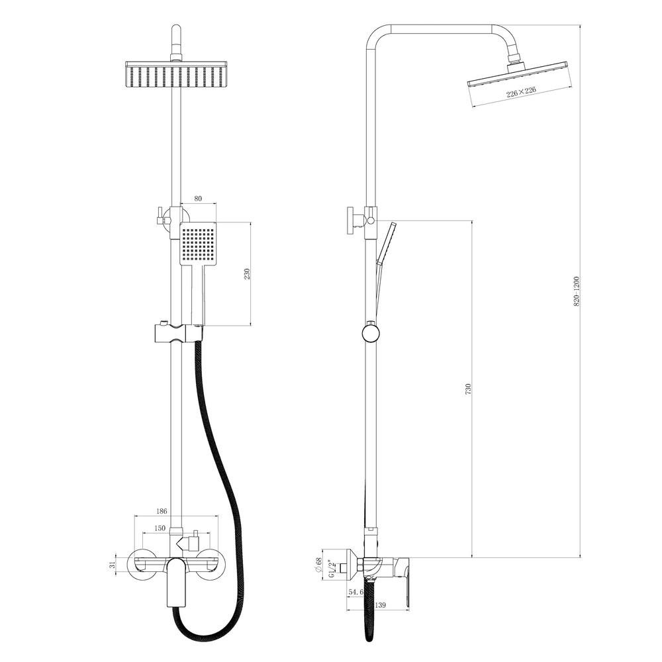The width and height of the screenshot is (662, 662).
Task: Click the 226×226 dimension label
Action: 521,91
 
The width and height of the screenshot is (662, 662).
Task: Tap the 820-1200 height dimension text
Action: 577,291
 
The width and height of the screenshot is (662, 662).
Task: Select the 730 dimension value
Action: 467,389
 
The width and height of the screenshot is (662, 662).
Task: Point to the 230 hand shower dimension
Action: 247,273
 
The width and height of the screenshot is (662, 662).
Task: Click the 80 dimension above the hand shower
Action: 199,199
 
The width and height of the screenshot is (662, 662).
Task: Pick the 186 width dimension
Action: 162,511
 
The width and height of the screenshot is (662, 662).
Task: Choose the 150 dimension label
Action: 160,528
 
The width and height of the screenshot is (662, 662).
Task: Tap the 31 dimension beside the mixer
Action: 112,565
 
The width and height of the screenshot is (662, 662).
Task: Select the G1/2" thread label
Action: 332,568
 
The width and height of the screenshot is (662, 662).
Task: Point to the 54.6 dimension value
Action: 355,592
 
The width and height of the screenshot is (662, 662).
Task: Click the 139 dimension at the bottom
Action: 380,605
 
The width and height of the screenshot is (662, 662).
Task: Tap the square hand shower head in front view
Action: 198,244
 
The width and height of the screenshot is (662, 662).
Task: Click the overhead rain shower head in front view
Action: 175,74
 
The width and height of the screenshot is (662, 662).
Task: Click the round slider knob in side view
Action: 371,334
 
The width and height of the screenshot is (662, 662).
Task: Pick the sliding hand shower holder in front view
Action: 177,334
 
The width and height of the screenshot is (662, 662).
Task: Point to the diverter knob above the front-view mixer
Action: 191,541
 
